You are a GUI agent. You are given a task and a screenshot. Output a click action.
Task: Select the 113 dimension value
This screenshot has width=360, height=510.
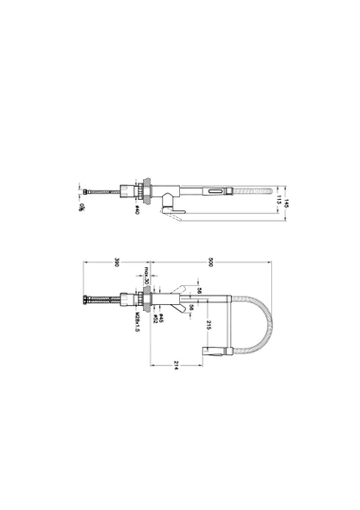click(279, 204)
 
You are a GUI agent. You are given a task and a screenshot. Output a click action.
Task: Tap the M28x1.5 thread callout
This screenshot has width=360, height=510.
click(137, 324)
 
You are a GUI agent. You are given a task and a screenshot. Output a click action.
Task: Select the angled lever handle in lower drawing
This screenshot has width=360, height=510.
click(182, 287)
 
